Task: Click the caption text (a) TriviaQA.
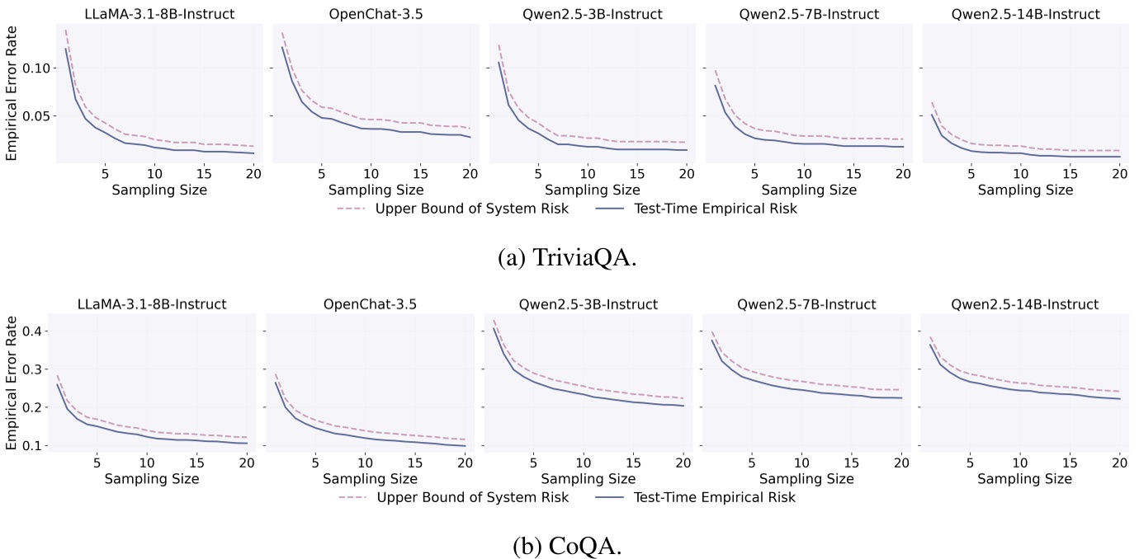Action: [568, 257]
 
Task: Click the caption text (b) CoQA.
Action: [568, 547]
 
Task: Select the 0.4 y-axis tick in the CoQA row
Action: [37, 331]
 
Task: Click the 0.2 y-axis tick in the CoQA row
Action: [37, 407]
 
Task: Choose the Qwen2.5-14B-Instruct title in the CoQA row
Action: [1024, 304]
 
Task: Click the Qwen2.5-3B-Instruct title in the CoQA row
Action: [588, 304]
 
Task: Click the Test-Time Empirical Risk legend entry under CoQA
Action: [714, 497]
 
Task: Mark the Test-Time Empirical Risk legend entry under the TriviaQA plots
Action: [714, 209]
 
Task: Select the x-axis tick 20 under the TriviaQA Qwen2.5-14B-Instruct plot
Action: [1119, 174]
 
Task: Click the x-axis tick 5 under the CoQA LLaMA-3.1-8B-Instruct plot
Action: [97, 463]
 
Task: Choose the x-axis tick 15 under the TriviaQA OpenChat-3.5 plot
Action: [420, 174]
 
